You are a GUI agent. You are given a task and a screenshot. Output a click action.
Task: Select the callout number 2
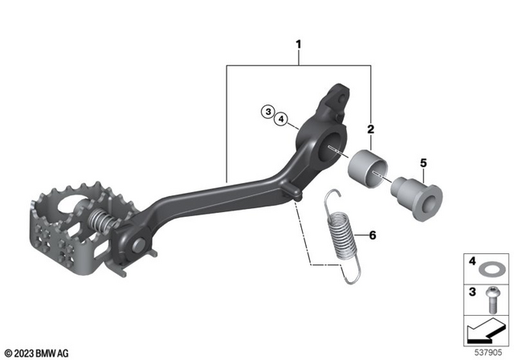pos(370,129)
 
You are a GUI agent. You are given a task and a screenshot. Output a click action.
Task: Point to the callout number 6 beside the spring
pos(372,235)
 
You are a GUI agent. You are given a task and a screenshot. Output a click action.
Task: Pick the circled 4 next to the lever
pos(280,120)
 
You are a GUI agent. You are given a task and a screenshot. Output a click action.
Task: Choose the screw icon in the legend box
pos(492,298)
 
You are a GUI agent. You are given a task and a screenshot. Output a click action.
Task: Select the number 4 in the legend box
pos(472,263)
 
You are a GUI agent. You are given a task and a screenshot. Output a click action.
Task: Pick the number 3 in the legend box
pos(472,293)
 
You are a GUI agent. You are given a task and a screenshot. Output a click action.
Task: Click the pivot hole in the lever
pos(332,148)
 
